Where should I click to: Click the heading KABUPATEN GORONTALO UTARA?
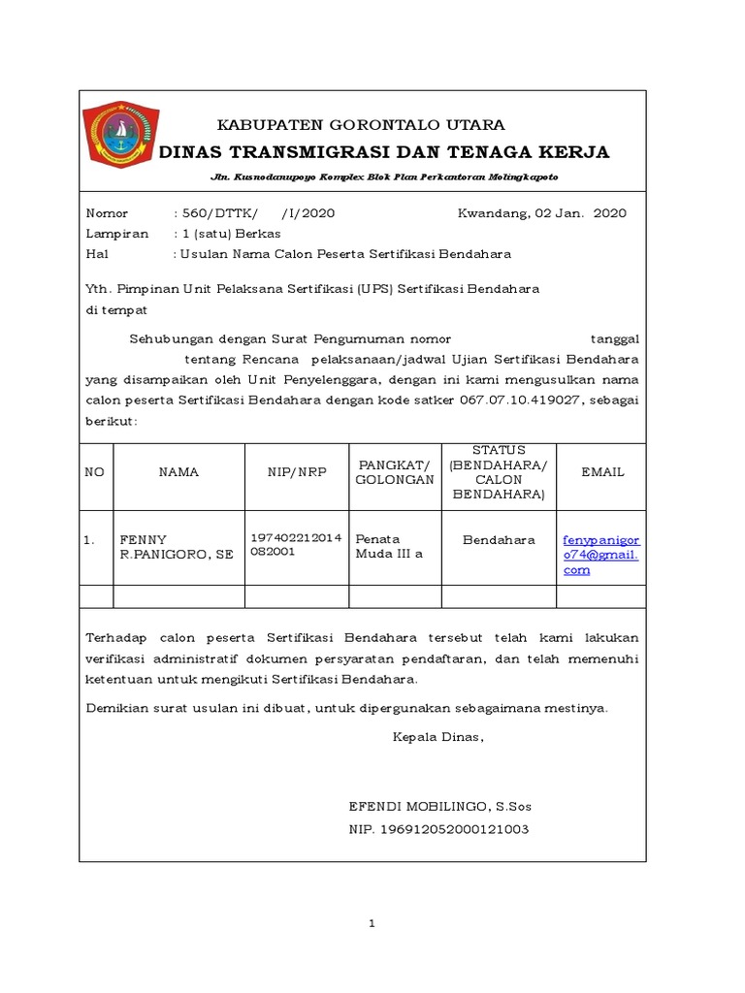(360, 125)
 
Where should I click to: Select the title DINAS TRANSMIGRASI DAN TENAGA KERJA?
(383, 152)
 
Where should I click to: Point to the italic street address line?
(384, 178)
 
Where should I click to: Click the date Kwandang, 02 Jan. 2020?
(541, 213)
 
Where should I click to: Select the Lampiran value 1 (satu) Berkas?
(226, 234)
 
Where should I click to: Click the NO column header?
(95, 472)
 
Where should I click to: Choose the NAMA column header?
(178, 472)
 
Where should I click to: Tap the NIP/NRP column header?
(297, 472)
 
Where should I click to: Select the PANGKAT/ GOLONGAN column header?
(395, 472)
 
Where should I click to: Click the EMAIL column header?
(602, 472)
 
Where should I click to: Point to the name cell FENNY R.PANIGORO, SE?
(176, 547)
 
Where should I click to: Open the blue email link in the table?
(601, 555)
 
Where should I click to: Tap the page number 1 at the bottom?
(372, 923)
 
